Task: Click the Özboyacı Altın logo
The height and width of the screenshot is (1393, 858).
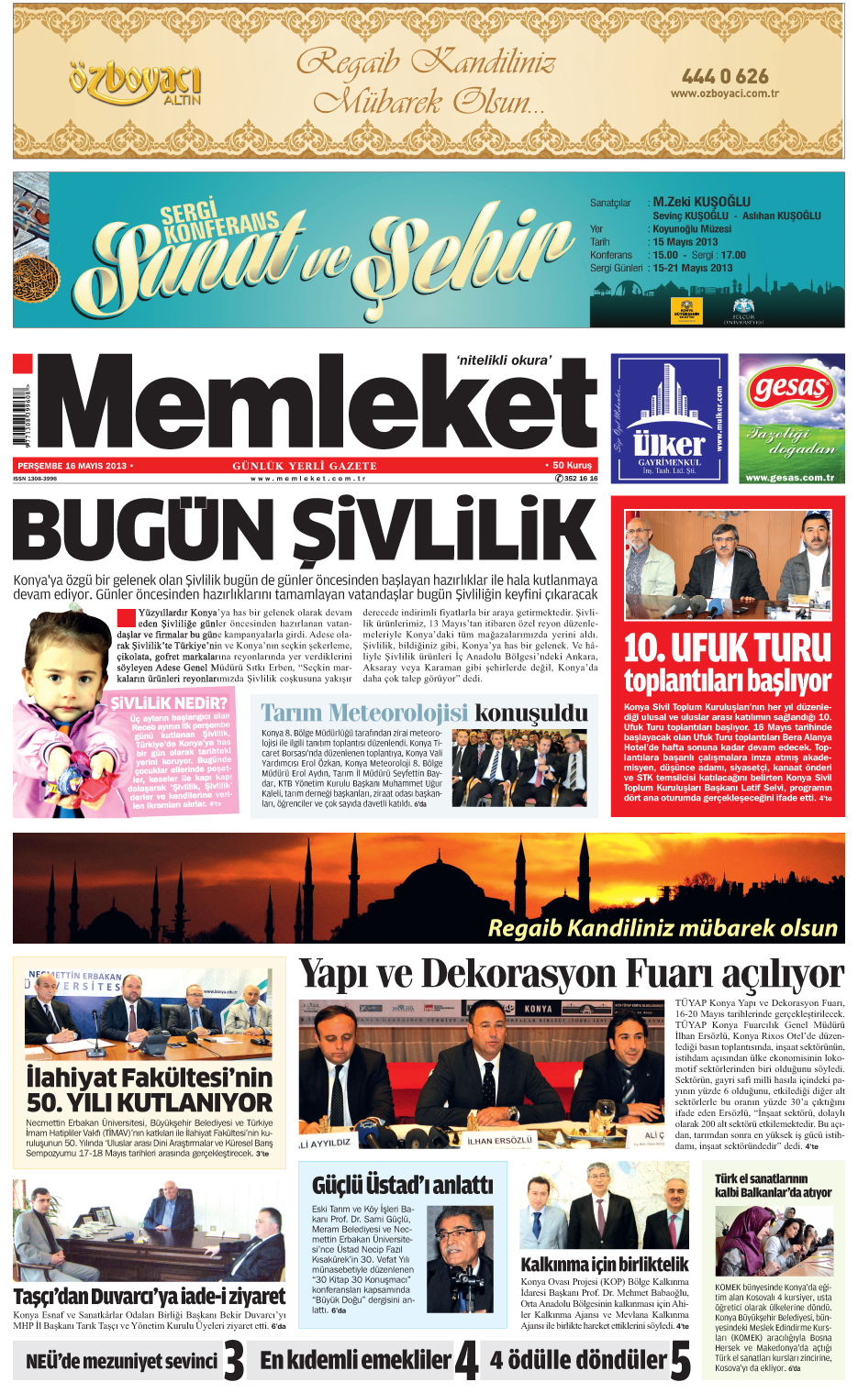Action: pyautogui.click(x=134, y=83)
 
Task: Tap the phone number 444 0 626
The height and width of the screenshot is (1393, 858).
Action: pyautogui.click(x=725, y=76)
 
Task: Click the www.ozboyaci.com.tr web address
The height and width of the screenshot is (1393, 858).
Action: pyautogui.click(x=724, y=94)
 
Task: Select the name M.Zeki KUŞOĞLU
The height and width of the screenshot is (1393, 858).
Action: pyautogui.click(x=701, y=202)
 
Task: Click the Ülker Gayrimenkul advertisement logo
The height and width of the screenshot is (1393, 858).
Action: pyautogui.click(x=670, y=418)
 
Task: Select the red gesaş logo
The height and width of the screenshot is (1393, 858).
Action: pyautogui.click(x=791, y=390)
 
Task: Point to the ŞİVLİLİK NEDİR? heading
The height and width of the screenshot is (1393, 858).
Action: pyautogui.click(x=169, y=703)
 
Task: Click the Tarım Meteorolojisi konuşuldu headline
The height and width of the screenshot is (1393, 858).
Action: pyautogui.click(x=424, y=713)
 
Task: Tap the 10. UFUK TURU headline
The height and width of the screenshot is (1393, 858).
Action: pyautogui.click(x=727, y=647)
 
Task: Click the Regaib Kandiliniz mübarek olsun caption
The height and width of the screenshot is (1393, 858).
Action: pyautogui.click(x=663, y=928)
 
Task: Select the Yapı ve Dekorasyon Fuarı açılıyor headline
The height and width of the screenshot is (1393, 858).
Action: pyautogui.click(x=571, y=974)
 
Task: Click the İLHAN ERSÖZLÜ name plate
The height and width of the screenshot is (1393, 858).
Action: pyautogui.click(x=499, y=1141)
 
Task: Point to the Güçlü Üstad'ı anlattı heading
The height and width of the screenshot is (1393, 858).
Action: pyautogui.click(x=402, y=1185)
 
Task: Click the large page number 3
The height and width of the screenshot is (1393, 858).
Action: pyautogui.click(x=235, y=1360)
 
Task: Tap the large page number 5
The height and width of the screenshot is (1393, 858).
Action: pyautogui.click(x=680, y=1360)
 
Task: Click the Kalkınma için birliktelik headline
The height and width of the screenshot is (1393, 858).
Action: pyautogui.click(x=604, y=1264)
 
